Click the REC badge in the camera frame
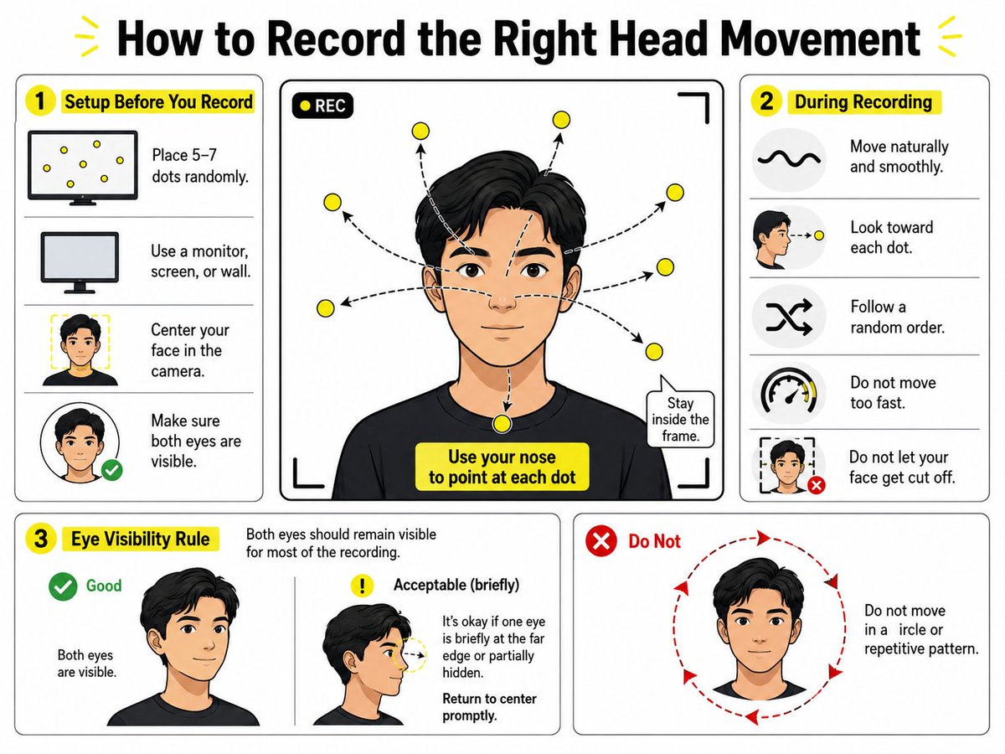point(322,106)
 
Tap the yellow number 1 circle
point(40,101)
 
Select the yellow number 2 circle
point(766,101)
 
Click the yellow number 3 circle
point(41,539)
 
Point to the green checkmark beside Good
point(63,586)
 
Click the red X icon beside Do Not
point(601,541)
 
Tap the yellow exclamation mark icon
point(362,585)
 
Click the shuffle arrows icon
point(789,316)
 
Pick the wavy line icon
point(789,159)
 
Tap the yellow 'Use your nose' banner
point(502,467)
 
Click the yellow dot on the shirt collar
point(502,423)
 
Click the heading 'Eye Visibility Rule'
point(141,539)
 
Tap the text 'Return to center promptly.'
point(489,707)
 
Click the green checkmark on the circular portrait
point(112,470)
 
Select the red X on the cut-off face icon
point(816,485)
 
